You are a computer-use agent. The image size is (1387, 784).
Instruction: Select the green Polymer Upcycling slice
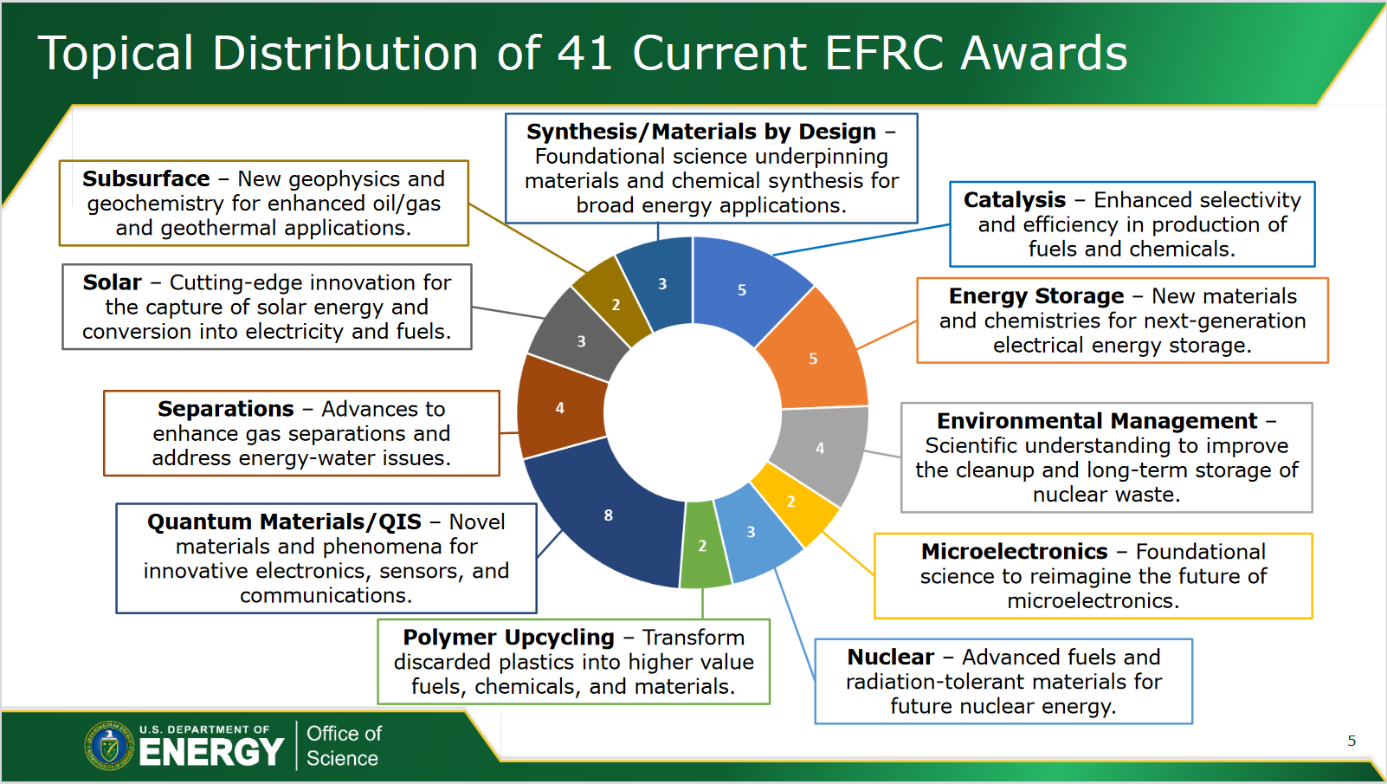point(703,546)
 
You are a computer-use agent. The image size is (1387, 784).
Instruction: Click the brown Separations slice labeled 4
point(560,407)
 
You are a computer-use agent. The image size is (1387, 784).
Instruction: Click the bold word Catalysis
point(1014,200)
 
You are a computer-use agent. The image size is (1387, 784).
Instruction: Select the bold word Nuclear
point(890,657)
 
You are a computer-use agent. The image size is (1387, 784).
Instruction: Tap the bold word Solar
point(112,282)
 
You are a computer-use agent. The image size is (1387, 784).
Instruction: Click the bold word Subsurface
point(146,179)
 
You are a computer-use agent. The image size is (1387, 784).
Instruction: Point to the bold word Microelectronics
point(1014,552)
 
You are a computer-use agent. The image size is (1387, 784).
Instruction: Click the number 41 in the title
point(584,53)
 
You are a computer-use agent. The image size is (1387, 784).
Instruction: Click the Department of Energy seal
point(109,746)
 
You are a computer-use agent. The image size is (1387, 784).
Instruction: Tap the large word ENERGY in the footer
point(212,753)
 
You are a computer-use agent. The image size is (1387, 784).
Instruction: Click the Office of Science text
point(344,746)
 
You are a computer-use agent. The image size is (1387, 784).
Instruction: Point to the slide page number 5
point(1352,741)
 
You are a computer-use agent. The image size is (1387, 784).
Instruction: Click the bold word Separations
point(225,409)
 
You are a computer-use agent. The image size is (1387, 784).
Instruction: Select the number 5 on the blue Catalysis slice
point(742,290)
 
